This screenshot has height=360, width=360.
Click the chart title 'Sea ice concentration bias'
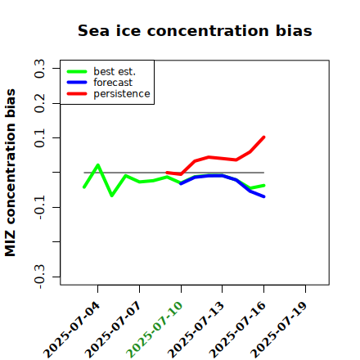(x=195, y=30)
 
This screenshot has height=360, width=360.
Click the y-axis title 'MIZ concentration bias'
(x=10, y=173)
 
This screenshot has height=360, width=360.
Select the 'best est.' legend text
(x=115, y=71)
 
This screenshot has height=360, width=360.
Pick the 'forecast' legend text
(x=113, y=83)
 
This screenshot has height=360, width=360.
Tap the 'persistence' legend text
(x=122, y=94)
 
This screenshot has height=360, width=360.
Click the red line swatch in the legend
(x=77, y=94)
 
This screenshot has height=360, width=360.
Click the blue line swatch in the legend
(x=77, y=83)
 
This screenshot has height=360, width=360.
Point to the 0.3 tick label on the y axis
(x=39, y=69)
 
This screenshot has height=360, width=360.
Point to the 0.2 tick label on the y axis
(x=39, y=103)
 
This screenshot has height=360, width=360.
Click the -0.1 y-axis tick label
(x=39, y=208)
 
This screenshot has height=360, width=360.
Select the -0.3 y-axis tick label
(x=39, y=277)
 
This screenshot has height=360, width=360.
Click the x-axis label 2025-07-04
(x=72, y=330)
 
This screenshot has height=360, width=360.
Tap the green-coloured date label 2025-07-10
(x=155, y=330)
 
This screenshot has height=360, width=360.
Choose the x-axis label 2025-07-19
(x=279, y=330)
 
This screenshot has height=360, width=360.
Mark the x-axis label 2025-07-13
(x=196, y=330)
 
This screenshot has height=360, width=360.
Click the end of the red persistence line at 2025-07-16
(x=263, y=137)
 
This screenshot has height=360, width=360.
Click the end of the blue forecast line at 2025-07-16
(x=263, y=196)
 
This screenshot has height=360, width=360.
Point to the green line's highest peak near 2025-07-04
(x=98, y=164)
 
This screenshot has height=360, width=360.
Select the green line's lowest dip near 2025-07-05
(x=112, y=196)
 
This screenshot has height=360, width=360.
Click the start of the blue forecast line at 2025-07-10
(x=181, y=184)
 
